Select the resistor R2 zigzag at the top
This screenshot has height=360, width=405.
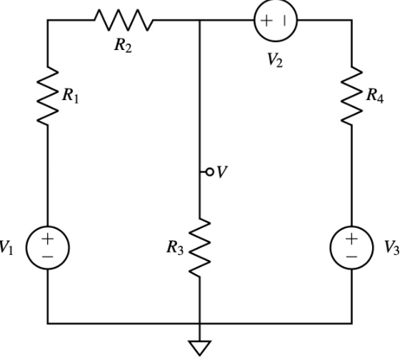(121, 20)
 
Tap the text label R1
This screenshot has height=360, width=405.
(70, 99)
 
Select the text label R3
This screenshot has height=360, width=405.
(176, 248)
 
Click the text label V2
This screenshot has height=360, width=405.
(275, 61)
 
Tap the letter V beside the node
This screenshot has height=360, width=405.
(221, 173)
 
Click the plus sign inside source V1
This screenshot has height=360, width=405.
(47, 238)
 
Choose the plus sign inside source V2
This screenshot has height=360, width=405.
(266, 21)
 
